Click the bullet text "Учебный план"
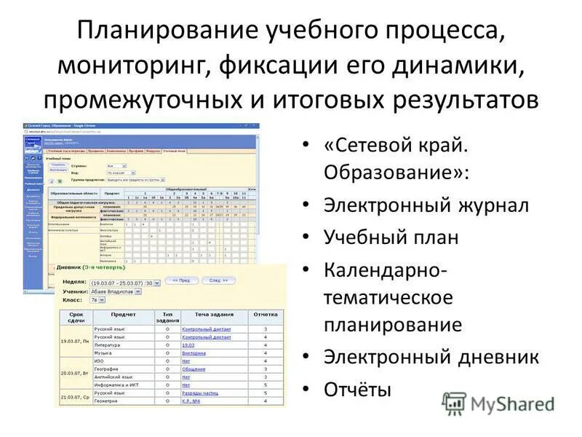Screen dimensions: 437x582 (391, 237)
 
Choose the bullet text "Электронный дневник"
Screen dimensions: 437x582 (431, 357)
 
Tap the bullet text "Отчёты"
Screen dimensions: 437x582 (357, 389)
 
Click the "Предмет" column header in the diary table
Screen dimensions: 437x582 (123, 315)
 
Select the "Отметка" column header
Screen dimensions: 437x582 (265, 315)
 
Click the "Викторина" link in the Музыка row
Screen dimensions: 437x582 (194, 353)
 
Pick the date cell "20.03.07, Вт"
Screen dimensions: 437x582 (76, 373)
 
